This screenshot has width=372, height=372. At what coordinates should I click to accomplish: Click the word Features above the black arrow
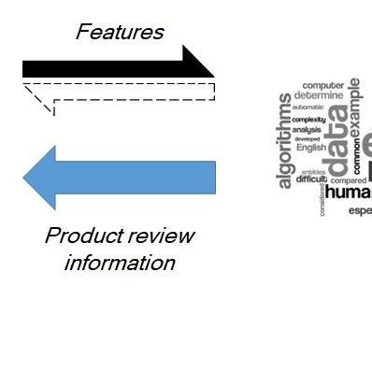[120, 32]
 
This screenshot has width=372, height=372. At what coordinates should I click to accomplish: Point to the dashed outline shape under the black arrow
[120, 92]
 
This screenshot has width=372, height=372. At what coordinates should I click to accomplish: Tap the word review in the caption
[161, 236]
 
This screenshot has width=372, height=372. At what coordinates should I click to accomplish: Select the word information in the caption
[120, 263]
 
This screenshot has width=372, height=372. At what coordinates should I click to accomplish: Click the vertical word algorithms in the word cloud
[285, 141]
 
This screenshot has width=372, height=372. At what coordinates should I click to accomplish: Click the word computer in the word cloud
[322, 85]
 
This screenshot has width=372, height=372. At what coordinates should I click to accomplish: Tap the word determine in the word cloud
[319, 95]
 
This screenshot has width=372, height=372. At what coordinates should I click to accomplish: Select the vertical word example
[355, 106]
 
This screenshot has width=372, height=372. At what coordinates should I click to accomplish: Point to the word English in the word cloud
[311, 148]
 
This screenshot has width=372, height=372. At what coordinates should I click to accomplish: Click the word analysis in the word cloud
[307, 129]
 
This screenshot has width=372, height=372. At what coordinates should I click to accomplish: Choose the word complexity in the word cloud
[308, 120]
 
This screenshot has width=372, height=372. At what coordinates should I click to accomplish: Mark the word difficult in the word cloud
[311, 179]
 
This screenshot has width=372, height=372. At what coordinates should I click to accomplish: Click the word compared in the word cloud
[349, 180]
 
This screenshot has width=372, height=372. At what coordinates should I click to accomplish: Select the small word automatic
[308, 107]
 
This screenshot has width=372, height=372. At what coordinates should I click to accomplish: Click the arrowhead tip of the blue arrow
[25, 178]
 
